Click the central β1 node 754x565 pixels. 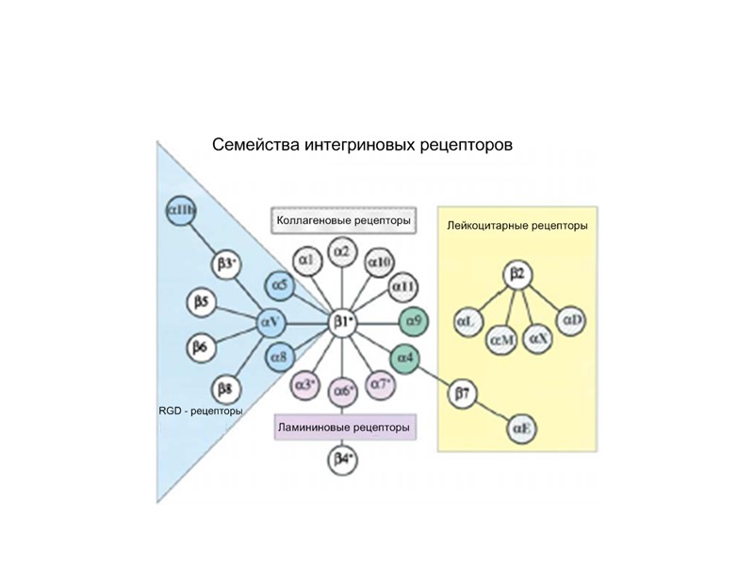coord(342,323)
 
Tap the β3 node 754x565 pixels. coord(226,265)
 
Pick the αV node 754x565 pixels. coord(270,323)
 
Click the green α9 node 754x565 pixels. coord(415,322)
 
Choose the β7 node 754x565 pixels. coord(462,394)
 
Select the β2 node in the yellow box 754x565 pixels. coord(516,275)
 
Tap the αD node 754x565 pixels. coord(573,321)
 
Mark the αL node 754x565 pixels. coord(468,322)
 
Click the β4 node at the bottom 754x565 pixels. coord(343,460)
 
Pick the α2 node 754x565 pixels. coord(342,251)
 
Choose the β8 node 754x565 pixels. coord(224,387)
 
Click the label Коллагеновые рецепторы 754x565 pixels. coord(343,221)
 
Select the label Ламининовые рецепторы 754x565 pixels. coord(343,428)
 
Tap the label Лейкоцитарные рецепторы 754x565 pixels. coord(516,226)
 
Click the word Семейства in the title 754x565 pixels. coord(254,146)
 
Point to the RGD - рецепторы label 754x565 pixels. coord(201,411)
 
